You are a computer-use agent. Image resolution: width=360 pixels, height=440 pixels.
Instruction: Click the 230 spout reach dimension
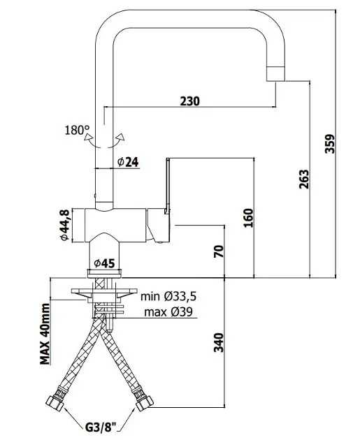pyautogui.click(x=190, y=101)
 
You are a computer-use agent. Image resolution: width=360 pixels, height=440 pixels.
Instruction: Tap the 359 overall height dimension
pyautogui.click(x=330, y=144)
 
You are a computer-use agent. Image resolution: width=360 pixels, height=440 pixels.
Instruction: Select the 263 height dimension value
pyautogui.click(x=304, y=179)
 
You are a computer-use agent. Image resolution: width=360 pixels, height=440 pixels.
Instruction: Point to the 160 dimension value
pyautogui.click(x=248, y=218)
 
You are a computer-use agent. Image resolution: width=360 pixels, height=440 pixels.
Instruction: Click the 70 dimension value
pyautogui.click(x=219, y=251)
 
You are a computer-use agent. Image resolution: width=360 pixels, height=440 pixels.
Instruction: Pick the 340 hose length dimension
pyautogui.click(x=219, y=342)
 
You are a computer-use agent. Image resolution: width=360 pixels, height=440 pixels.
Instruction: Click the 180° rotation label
pyautogui.click(x=77, y=130)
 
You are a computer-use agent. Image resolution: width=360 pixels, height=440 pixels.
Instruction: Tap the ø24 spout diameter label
pyautogui.click(x=128, y=162)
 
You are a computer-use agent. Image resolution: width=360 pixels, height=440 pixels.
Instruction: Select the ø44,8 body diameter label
pyautogui.click(x=64, y=225)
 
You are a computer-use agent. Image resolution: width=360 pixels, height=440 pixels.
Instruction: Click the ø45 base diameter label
pyautogui.click(x=104, y=263)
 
